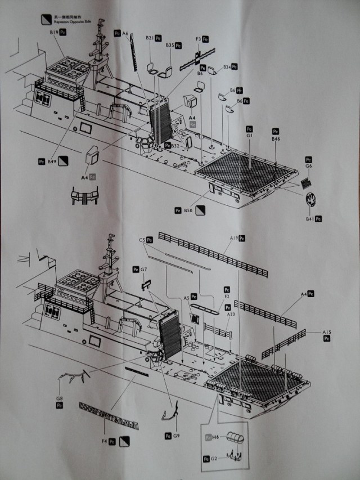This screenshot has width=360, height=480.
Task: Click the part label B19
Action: tap(53, 33)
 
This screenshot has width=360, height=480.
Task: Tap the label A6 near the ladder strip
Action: tap(125, 33)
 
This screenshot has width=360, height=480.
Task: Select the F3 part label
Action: tap(198, 39)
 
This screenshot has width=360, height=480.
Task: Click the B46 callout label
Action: tap(275, 138)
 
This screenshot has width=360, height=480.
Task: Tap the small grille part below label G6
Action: tap(305, 182)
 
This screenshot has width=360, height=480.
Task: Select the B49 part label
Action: tap(51, 162)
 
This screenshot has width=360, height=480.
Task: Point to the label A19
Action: tap(233, 239)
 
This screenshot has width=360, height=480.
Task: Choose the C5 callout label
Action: tap(142, 240)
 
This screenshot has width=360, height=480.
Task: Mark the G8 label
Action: tap(59, 398)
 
